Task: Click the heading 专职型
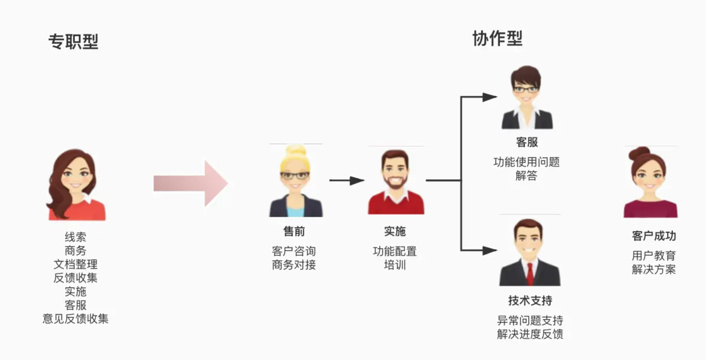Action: point(73,42)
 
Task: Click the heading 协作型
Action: point(497,38)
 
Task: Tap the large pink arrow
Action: point(191,184)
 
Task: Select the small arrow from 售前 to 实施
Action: point(346,180)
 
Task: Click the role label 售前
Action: point(294,231)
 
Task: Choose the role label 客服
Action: point(527,142)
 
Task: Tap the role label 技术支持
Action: point(530,301)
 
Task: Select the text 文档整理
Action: point(75,264)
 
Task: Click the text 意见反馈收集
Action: point(75,319)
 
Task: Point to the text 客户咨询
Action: point(294,251)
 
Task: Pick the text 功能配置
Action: point(395,251)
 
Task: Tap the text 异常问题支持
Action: point(530,321)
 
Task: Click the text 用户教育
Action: point(654,256)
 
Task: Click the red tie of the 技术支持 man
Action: point(530,273)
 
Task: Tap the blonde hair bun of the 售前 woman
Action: point(296,151)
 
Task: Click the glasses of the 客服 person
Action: point(525,89)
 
